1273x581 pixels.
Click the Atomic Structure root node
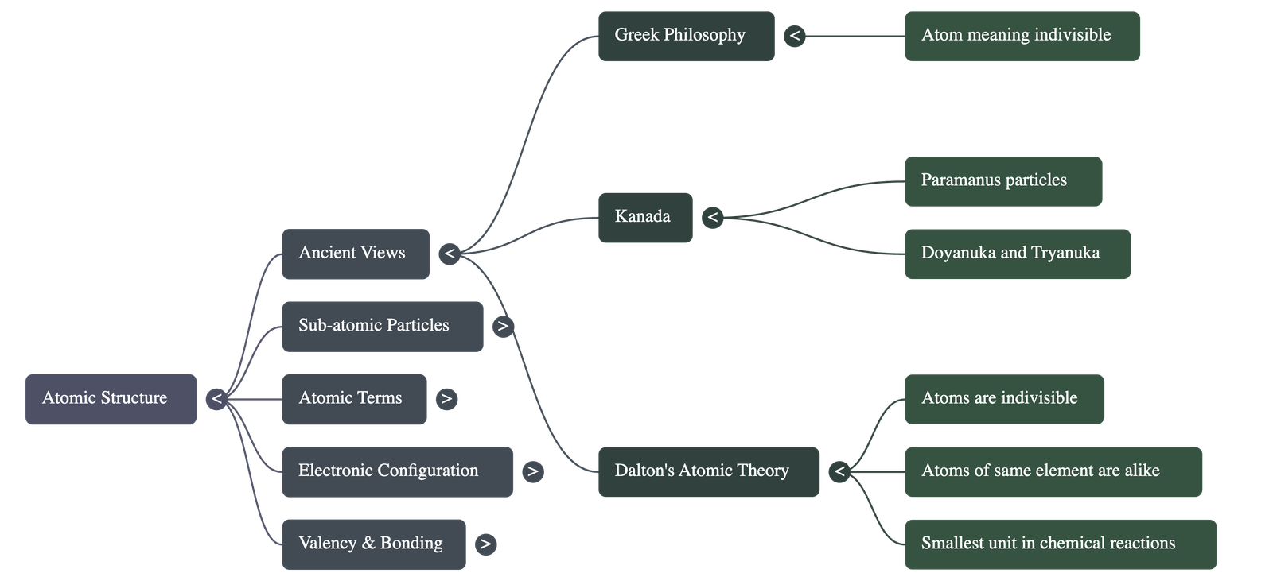click(111, 399)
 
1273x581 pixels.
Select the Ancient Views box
click(355, 254)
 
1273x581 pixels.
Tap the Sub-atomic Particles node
click(382, 326)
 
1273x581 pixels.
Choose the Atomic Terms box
click(353, 399)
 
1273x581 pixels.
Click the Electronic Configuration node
click(396, 471)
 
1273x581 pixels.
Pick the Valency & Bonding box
click(373, 544)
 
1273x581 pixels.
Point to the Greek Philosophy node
click(686, 36)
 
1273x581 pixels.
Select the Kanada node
click(644, 217)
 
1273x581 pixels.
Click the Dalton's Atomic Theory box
click(708, 471)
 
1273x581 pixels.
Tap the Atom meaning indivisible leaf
click(1022, 36)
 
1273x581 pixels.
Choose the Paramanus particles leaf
click(1002, 181)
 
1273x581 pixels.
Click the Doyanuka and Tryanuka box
click(1017, 254)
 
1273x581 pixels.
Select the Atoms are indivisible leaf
click(1003, 399)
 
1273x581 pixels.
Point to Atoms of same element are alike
click(1053, 471)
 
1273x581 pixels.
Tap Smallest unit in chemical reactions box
click(1060, 544)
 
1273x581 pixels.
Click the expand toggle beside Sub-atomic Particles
click(503, 326)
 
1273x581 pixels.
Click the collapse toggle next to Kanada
click(712, 217)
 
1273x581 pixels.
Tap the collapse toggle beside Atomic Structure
click(216, 399)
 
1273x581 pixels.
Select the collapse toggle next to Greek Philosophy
click(794, 36)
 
